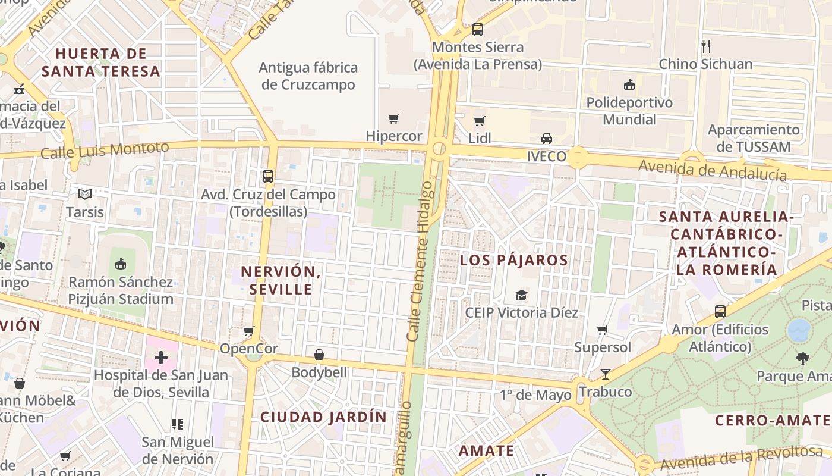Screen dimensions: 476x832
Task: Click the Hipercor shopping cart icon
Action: (394, 119)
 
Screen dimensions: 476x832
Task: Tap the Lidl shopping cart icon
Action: (480, 121)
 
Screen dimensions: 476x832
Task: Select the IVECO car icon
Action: (547, 139)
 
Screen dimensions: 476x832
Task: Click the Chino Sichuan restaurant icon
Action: (706, 46)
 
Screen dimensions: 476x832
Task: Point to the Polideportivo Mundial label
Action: (629, 111)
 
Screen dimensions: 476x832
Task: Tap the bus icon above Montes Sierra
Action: (478, 29)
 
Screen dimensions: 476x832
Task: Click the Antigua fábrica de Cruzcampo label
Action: (308, 76)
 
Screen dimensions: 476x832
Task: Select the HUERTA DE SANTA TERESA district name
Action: (101, 62)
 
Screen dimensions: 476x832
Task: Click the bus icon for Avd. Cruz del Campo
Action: (268, 177)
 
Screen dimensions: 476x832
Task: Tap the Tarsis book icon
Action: (85, 194)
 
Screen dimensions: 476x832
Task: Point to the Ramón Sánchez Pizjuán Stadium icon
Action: (121, 263)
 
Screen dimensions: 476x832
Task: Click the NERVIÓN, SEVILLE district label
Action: (281, 280)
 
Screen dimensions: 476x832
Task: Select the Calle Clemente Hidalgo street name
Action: (420, 262)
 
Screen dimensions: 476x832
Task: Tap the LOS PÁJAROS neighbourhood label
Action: (514, 260)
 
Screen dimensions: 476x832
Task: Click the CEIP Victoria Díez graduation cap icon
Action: (521, 295)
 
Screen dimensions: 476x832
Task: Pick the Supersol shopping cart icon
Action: (603, 330)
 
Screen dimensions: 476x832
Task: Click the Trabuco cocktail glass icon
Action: (605, 374)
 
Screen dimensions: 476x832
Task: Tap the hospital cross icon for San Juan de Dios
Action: (160, 358)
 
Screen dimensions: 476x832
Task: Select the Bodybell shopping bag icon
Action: (319, 355)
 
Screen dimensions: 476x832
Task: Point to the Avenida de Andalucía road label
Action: (713, 170)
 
